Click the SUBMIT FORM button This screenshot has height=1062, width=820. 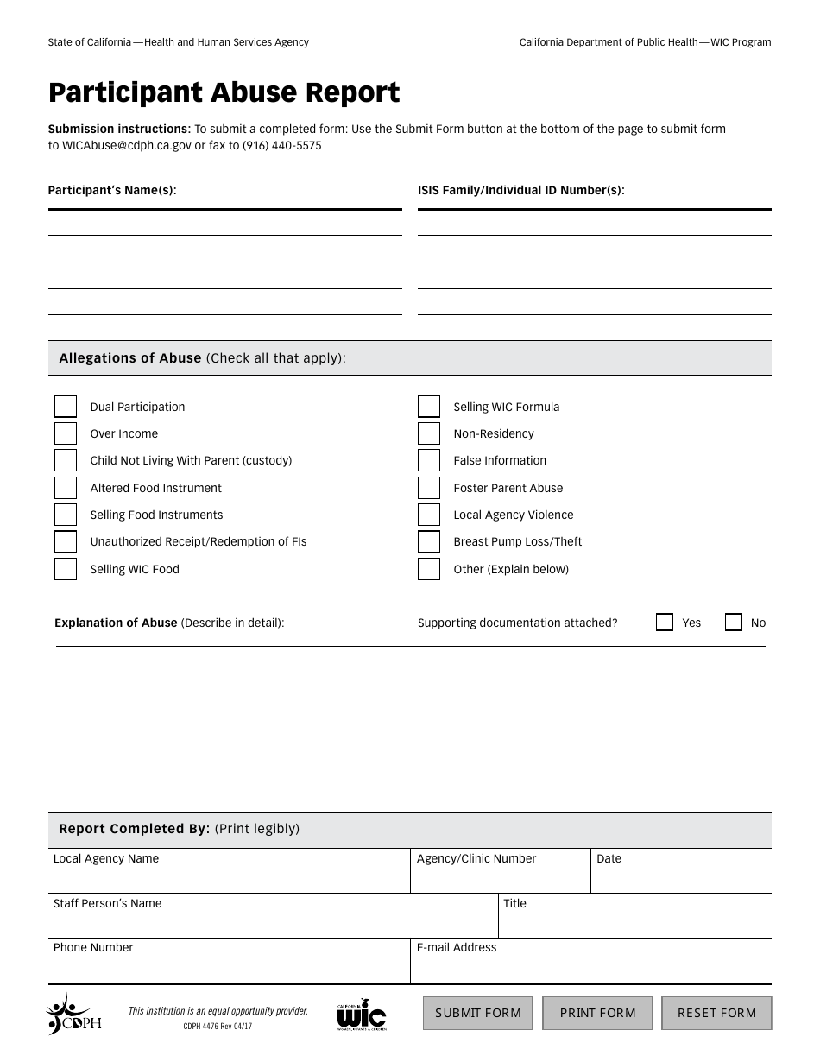click(477, 1013)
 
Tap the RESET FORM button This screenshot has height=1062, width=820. click(716, 1013)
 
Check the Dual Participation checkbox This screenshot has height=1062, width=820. click(66, 407)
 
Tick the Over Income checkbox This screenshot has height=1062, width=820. click(66, 433)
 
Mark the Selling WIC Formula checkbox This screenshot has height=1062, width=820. click(429, 407)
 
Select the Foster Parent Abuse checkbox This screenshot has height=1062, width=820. click(429, 488)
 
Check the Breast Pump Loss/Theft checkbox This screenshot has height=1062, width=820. click(429, 541)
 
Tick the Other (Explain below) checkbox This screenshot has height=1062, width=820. click(429, 569)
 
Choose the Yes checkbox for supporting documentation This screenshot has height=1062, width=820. click(665, 623)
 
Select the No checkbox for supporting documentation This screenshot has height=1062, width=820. click(734, 623)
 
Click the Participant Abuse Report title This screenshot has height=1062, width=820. click(224, 92)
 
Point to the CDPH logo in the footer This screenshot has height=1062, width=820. click(73, 1015)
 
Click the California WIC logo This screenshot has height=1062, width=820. click(361, 1015)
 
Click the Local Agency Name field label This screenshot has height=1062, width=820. click(106, 858)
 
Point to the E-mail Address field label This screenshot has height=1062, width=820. click(457, 947)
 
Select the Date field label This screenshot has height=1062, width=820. click(609, 858)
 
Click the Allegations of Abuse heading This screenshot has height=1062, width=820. click(130, 357)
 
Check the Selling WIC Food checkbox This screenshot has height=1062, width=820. click(66, 569)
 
